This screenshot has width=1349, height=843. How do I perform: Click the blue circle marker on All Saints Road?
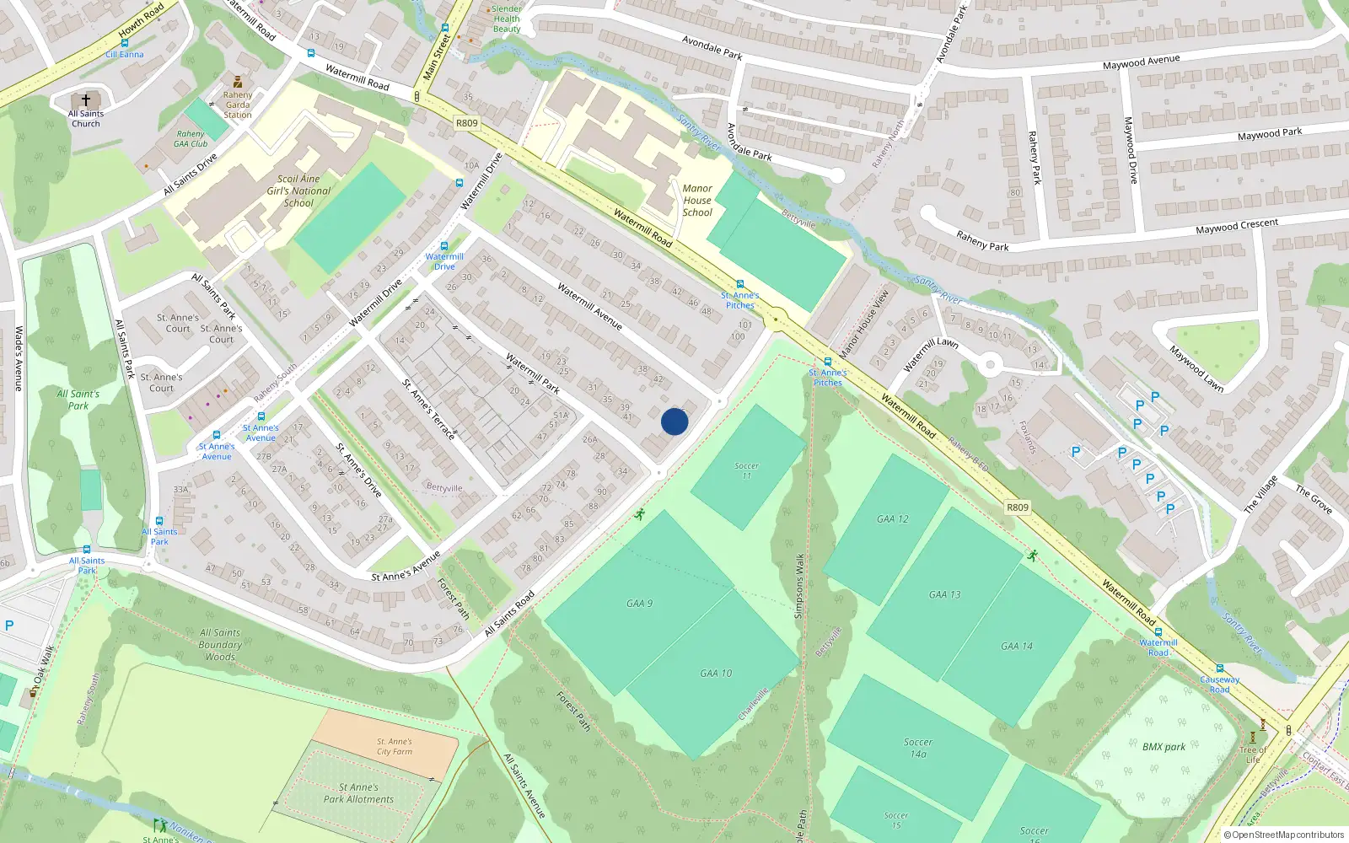point(674,421)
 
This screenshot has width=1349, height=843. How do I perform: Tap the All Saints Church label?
point(85,119)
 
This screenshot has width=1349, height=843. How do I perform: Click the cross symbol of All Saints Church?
point(85,100)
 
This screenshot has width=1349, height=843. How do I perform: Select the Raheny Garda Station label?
point(238,105)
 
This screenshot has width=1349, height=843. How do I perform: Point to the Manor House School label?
point(697,201)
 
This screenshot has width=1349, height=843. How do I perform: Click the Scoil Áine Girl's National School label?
point(298,191)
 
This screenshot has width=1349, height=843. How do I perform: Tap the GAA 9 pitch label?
point(639,604)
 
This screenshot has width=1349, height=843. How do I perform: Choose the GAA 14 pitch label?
point(1016,647)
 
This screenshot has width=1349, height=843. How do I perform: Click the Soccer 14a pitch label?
point(918,748)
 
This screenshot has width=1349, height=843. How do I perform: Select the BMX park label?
point(1164,747)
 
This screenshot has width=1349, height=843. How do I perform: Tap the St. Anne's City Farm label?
point(395,747)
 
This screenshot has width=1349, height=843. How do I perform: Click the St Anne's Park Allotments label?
point(358,793)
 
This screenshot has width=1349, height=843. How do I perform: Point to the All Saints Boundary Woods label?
point(220,645)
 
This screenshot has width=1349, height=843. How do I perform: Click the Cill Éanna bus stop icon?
point(124,43)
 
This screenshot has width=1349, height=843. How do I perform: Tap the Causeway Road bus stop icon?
point(1219,668)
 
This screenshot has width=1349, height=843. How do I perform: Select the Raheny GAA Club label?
point(191,139)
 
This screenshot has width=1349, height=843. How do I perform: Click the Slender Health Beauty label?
point(507,19)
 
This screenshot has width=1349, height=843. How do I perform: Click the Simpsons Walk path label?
point(798,586)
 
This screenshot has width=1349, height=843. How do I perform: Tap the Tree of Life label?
point(1253,754)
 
